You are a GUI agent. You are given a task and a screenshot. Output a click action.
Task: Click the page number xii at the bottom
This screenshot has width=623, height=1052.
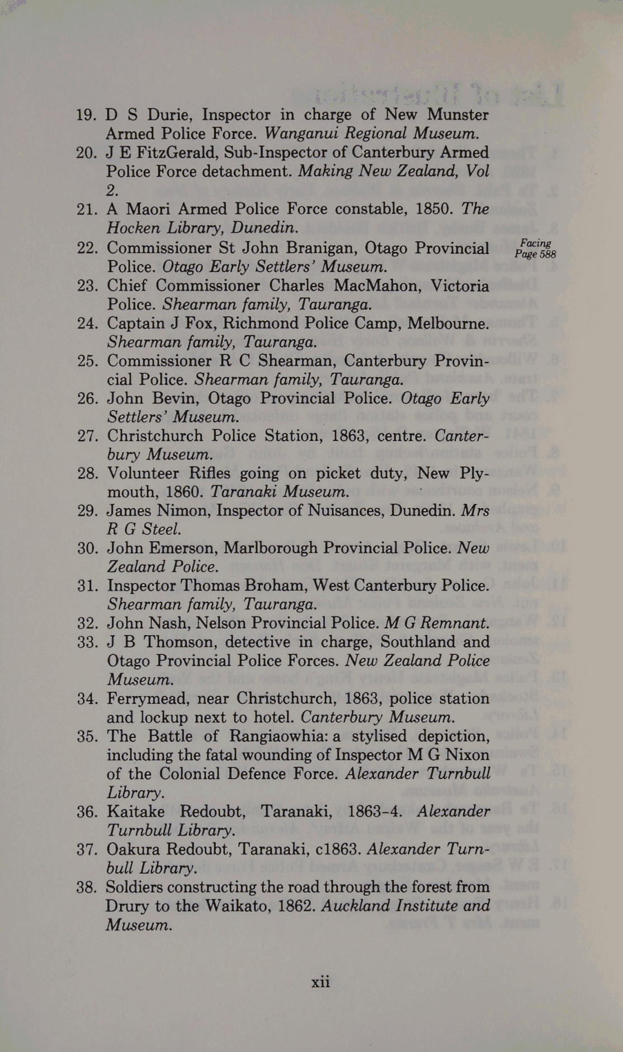coord(320,981)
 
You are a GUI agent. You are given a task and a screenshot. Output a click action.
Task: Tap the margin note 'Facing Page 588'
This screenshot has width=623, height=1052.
coord(535,248)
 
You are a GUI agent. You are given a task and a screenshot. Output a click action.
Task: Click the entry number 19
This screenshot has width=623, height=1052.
coord(87,115)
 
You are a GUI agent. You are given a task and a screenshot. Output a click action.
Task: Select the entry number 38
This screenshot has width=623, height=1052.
coord(87,887)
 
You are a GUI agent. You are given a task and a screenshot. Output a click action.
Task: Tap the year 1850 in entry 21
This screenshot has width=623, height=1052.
coord(434,209)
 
